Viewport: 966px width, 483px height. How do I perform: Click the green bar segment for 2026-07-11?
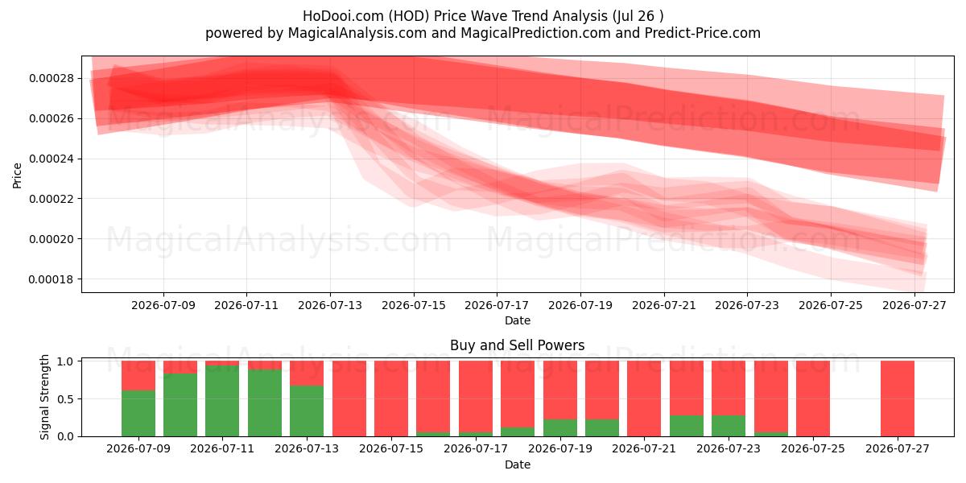(x=222, y=401)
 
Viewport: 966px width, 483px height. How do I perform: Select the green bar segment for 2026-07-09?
(x=138, y=413)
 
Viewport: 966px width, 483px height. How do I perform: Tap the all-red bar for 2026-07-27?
(x=897, y=398)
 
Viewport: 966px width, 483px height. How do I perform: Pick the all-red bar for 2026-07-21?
(x=644, y=398)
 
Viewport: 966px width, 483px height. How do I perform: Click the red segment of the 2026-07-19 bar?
(x=559, y=390)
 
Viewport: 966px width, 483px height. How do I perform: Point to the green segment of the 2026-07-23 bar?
(x=729, y=426)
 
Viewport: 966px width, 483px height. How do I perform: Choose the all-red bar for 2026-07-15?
(x=391, y=398)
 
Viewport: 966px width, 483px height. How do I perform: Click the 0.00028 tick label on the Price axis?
(x=52, y=79)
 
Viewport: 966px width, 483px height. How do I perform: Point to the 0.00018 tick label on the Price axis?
(x=52, y=279)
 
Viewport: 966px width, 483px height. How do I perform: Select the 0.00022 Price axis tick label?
(x=52, y=199)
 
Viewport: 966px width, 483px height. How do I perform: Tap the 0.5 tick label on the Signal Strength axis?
(x=65, y=399)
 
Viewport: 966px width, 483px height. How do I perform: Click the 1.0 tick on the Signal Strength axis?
(x=65, y=361)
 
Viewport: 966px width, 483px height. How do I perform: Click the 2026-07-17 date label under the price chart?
(x=497, y=305)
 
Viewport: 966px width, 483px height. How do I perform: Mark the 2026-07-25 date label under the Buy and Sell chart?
(x=813, y=448)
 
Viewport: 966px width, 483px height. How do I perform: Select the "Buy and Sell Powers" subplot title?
(x=517, y=345)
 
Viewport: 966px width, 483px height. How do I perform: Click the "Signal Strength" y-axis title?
(x=44, y=397)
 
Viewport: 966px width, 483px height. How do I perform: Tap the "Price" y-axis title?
(x=17, y=175)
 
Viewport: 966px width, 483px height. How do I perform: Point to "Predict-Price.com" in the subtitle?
(x=703, y=33)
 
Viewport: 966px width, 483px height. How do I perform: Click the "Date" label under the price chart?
(x=517, y=320)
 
